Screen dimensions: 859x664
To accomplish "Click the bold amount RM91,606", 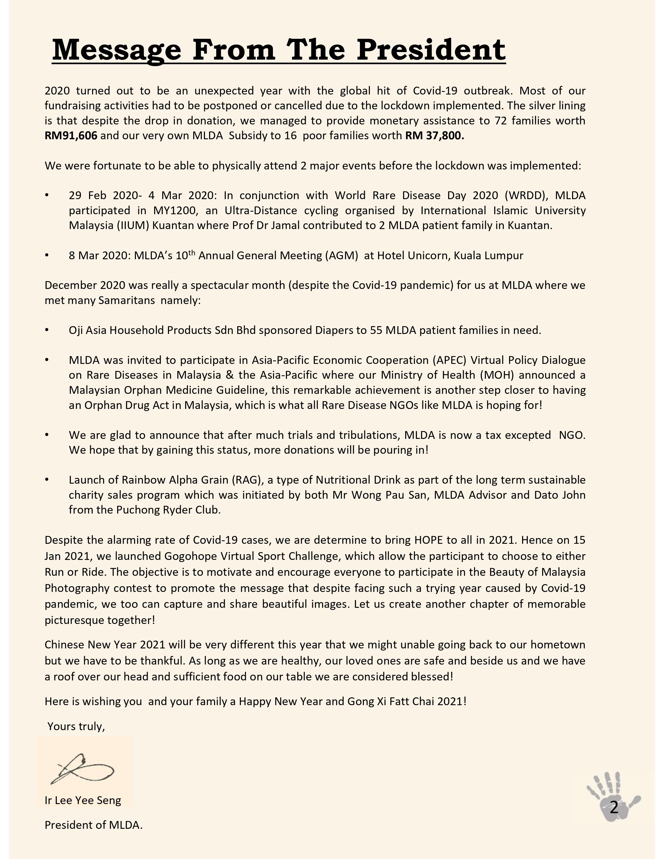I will (71, 136).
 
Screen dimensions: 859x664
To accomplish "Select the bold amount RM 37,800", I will (435, 136).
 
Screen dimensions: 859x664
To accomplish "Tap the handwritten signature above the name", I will (83, 769).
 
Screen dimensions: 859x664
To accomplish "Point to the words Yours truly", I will (76, 727).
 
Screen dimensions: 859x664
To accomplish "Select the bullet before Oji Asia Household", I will (47, 330).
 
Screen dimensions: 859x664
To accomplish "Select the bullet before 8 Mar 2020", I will (47, 256).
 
